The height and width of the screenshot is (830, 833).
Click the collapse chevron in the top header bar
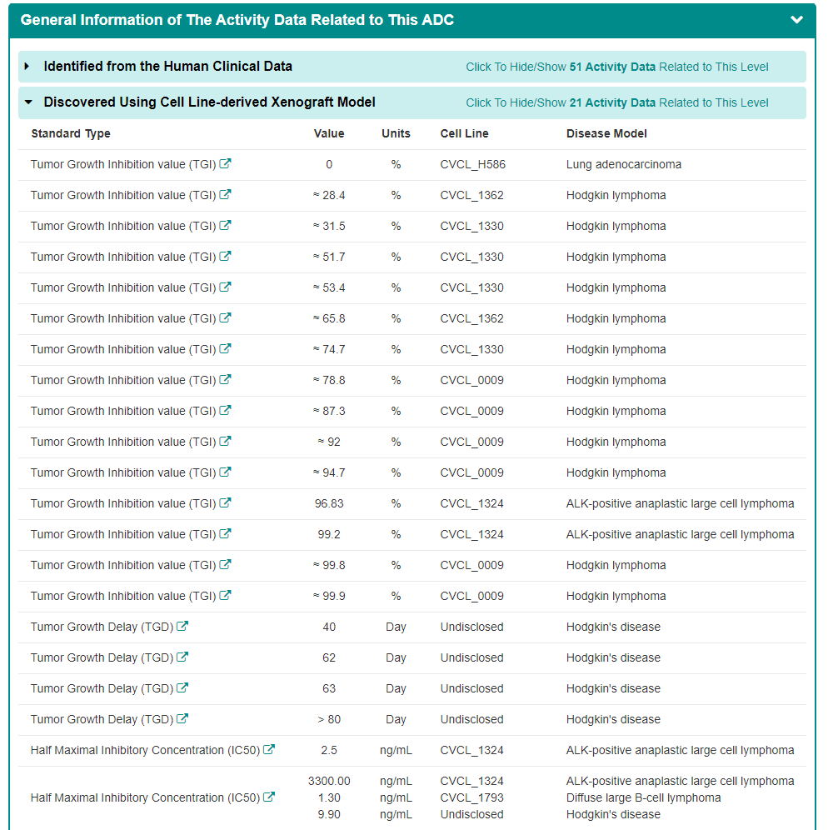point(796,20)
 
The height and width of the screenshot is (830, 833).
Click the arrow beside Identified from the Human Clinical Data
point(27,67)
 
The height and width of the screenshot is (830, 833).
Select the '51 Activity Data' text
point(611,67)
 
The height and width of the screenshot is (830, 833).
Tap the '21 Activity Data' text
point(611,102)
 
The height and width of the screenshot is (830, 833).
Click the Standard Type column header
point(71,133)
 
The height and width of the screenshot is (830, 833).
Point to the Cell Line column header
point(464,133)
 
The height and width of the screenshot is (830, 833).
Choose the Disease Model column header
point(606,133)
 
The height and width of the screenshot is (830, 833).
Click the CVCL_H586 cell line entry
point(472,164)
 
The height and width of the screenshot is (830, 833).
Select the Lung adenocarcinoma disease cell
point(623,164)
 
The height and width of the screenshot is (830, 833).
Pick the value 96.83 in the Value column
point(329,503)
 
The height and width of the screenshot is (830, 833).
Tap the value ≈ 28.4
point(329,195)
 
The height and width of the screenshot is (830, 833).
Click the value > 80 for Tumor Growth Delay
point(329,719)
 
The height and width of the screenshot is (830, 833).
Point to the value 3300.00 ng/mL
point(329,781)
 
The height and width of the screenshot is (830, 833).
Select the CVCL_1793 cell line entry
point(471,797)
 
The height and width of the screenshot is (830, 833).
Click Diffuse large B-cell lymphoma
point(643,797)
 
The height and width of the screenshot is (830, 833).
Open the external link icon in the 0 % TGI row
point(225,164)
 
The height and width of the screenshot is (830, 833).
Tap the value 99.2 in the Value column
point(329,534)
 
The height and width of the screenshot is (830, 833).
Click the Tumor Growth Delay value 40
point(329,627)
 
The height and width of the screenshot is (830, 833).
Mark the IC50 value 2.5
point(329,750)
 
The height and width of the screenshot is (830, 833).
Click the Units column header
point(396,133)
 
